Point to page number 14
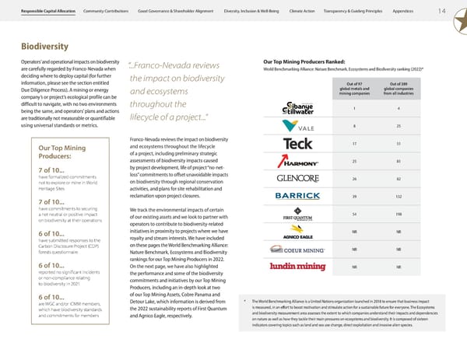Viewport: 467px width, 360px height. [442, 10]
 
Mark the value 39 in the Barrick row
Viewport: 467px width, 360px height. [355, 194]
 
